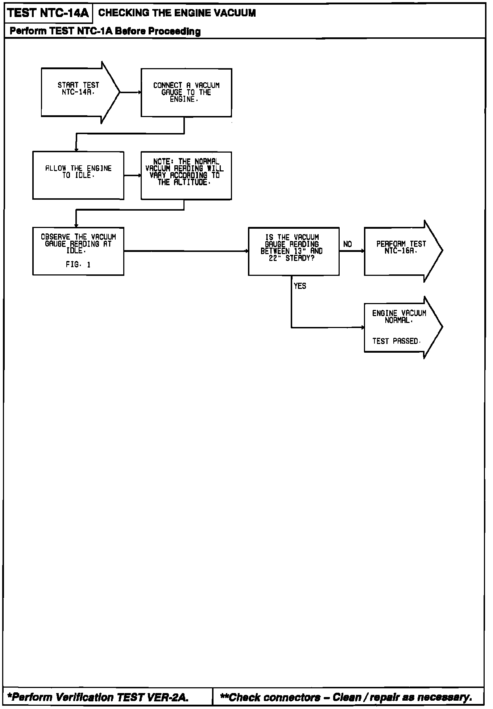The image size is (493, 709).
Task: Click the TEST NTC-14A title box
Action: [x=48, y=13]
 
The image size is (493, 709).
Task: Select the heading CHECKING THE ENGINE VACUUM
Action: [x=177, y=13]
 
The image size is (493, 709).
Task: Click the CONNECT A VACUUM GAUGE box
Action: [x=186, y=92]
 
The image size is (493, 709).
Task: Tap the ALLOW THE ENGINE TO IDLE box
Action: [x=78, y=175]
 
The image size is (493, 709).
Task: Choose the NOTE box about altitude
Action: [x=186, y=175]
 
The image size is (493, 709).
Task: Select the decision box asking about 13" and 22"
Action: [x=294, y=251]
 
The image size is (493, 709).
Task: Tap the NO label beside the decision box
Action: [x=347, y=245]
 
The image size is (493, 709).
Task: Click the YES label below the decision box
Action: [x=300, y=286]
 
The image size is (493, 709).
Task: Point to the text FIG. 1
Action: [x=78, y=265]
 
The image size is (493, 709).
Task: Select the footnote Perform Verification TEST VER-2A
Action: [x=98, y=697]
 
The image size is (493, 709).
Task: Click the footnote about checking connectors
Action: [x=346, y=697]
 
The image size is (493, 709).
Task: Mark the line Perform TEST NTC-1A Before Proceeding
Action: [x=105, y=31]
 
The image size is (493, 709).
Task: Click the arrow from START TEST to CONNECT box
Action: [x=130, y=92]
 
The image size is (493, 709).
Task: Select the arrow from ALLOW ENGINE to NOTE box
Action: [x=132, y=175]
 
